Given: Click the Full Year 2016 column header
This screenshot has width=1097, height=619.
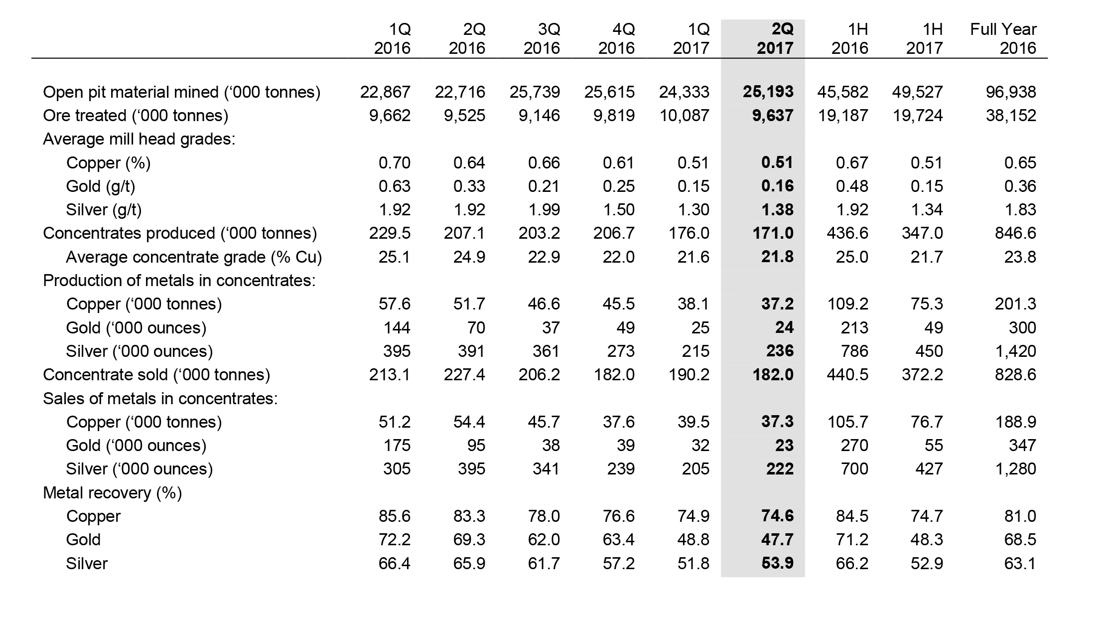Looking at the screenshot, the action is point(1003,38).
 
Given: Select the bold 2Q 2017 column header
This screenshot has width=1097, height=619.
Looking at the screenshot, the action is point(775,38).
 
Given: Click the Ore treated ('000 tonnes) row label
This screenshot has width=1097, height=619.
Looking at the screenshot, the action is point(136,116).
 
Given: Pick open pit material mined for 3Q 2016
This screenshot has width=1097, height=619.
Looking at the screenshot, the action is point(535,92).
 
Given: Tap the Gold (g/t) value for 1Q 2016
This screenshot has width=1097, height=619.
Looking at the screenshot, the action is point(395,186).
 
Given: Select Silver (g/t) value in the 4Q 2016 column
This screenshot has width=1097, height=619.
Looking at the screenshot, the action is point(619,210).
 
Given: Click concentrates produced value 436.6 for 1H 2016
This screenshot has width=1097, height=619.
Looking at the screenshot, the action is point(847,233).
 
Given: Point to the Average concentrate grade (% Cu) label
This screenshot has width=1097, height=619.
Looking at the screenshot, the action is point(194,257).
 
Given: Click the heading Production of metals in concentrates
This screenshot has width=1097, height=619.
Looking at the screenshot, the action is point(179,281).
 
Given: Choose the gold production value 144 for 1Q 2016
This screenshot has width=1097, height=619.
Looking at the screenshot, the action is point(397,328).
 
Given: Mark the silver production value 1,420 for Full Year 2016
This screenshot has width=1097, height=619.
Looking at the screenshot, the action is point(1015,351).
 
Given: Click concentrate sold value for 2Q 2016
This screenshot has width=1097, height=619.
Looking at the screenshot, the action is point(464,375).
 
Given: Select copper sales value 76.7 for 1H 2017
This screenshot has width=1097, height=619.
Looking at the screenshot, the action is point(927,422).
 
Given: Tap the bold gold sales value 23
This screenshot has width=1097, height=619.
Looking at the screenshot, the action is point(784,446).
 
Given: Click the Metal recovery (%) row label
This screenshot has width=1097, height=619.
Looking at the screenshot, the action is point(113,493).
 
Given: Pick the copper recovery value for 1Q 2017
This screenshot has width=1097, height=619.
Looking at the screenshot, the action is point(693,516).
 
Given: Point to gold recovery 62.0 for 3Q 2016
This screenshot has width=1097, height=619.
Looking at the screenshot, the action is point(544,540).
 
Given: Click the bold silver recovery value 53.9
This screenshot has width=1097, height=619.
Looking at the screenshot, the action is point(778,564).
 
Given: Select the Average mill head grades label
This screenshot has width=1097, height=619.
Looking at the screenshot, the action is point(139,139).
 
